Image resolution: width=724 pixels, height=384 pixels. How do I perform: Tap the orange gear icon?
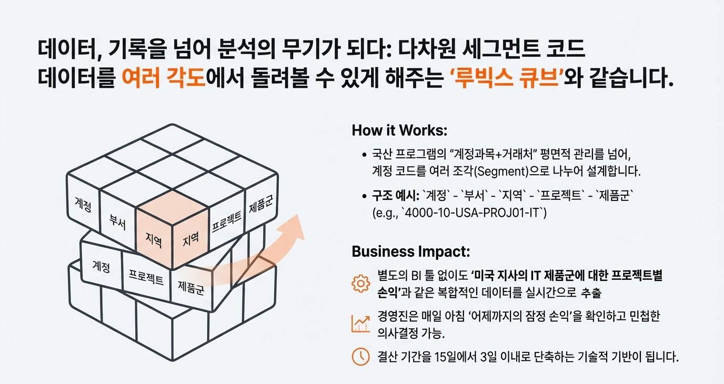coord(360,283)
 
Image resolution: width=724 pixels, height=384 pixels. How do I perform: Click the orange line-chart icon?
coord(360,322)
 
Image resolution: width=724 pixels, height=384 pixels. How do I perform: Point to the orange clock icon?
coord(360,357)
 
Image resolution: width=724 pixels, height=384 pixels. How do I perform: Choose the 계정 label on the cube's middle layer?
coord(100,267)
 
